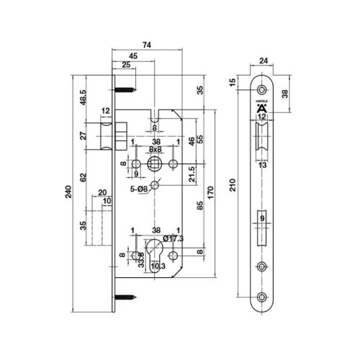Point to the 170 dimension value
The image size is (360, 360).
(x=209, y=192)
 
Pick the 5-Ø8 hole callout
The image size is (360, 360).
(x=140, y=189)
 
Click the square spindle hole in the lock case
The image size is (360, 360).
(x=154, y=165)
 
